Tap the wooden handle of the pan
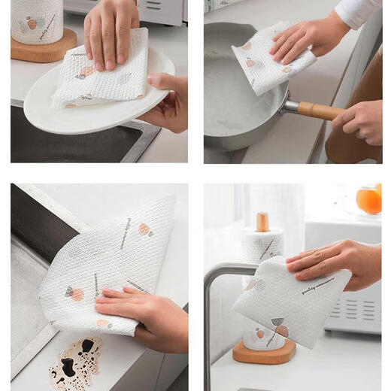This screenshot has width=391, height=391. coord(320,111)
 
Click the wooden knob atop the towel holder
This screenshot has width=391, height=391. coord(262,221)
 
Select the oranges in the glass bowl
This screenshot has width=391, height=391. coord(369,200)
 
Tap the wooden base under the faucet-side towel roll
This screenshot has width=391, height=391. coord(263,351)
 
